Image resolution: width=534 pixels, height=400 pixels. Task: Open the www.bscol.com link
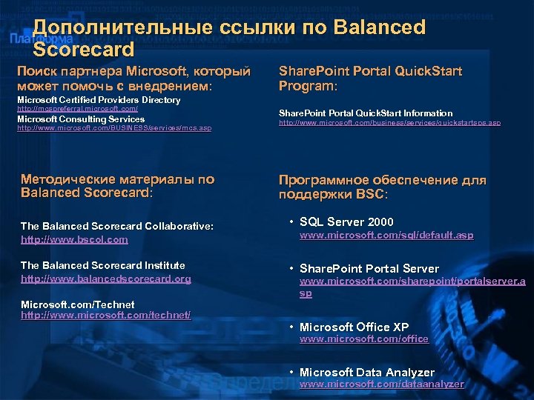74,239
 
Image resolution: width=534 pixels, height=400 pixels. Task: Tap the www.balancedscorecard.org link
106,279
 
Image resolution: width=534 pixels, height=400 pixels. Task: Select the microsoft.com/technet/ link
106,316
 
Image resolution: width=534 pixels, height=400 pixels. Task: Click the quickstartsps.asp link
389,123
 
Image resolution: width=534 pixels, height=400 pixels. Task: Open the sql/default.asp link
386,236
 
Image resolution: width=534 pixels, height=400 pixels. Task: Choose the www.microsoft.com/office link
363,339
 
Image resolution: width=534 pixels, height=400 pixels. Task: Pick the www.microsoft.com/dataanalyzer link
381,384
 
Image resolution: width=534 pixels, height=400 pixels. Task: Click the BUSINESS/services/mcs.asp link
114,128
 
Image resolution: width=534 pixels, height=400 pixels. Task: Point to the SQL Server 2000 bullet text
346,222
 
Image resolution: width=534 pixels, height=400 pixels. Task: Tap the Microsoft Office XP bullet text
354,327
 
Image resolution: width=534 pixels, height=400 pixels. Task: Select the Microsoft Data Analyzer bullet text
367,373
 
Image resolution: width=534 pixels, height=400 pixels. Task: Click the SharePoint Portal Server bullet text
369,269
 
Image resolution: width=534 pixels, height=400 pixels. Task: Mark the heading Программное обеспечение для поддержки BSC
382,187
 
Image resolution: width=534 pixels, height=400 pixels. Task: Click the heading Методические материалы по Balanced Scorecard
117,186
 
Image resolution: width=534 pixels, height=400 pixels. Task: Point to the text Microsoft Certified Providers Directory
99,100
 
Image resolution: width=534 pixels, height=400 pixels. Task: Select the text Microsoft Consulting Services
81,119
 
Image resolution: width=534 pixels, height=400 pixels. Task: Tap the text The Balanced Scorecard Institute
103,265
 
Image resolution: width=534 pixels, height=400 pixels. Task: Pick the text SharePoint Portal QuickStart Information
366,113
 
